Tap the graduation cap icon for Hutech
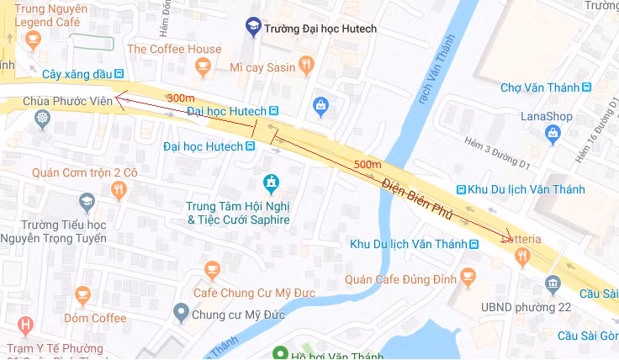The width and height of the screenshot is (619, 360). click(252, 28)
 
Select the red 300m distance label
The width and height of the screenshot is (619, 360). click(180, 98)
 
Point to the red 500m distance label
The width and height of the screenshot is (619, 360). click(368, 163)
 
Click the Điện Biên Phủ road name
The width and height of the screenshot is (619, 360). click(417, 199)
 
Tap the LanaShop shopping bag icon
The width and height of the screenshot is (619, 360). click(553, 132)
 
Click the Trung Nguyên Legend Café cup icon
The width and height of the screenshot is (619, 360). click(33, 39)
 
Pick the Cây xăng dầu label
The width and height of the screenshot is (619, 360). click(71, 74)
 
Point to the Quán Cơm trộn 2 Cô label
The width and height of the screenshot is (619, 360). click(84, 172)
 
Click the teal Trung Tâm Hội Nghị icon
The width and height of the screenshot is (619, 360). click(271, 182)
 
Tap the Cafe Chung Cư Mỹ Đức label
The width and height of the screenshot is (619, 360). click(246, 293)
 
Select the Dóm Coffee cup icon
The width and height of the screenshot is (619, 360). click(82, 296)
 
